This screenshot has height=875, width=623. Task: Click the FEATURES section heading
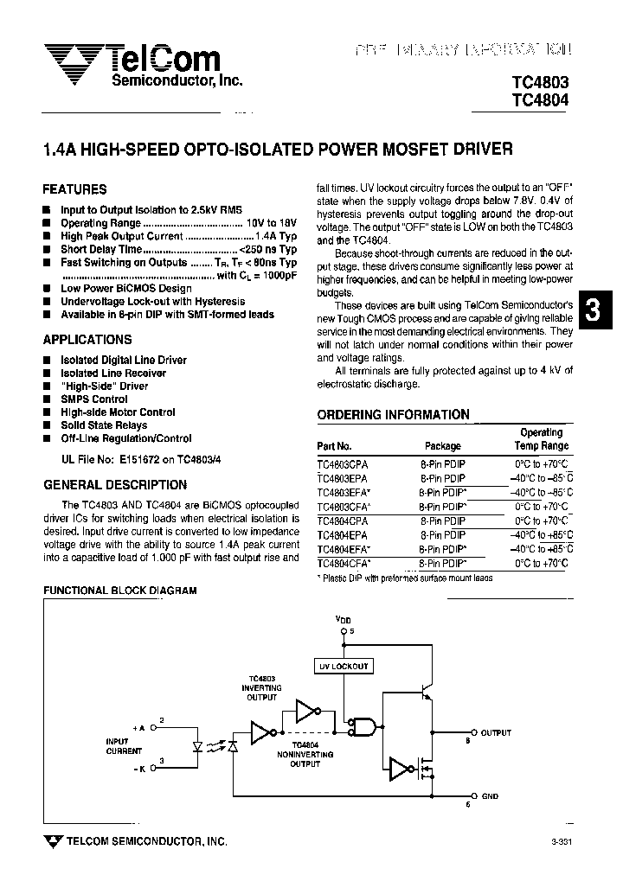pyautogui.click(x=74, y=189)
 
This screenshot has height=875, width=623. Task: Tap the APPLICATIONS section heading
pyautogui.click(x=87, y=340)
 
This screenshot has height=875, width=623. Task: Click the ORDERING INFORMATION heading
pyautogui.click(x=393, y=415)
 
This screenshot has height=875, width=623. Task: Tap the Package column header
pyautogui.click(x=443, y=447)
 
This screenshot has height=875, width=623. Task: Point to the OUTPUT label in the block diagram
pyautogui.click(x=496, y=732)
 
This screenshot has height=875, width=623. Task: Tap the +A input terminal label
pyautogui.click(x=139, y=727)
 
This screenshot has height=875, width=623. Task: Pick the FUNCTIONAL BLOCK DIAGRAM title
pyautogui.click(x=120, y=591)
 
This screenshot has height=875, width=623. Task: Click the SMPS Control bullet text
pyautogui.click(x=94, y=399)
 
